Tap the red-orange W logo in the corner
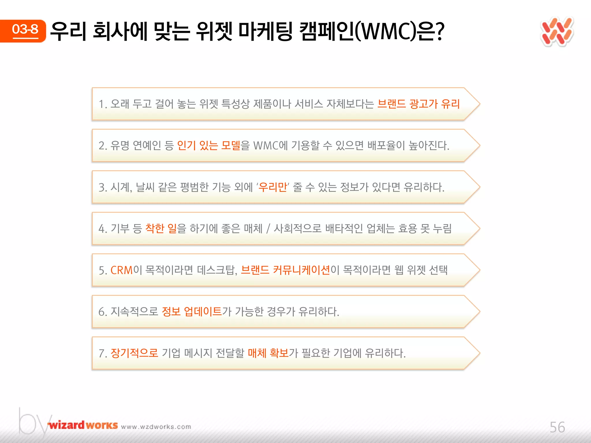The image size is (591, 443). (x=557, y=32)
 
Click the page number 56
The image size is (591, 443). (x=557, y=427)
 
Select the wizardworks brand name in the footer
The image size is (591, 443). (x=83, y=425)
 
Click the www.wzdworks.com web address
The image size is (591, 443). (x=156, y=427)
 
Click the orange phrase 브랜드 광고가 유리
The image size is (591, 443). (x=418, y=104)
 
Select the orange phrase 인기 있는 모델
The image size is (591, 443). (x=208, y=145)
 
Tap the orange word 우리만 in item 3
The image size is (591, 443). (x=272, y=187)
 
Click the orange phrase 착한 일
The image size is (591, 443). (x=161, y=228)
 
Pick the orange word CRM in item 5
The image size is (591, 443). (x=121, y=270)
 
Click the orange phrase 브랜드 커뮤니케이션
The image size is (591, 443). (x=285, y=270)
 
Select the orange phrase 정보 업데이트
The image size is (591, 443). (x=192, y=311)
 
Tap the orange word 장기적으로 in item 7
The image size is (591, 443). (x=134, y=353)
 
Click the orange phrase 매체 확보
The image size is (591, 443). (x=268, y=353)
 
